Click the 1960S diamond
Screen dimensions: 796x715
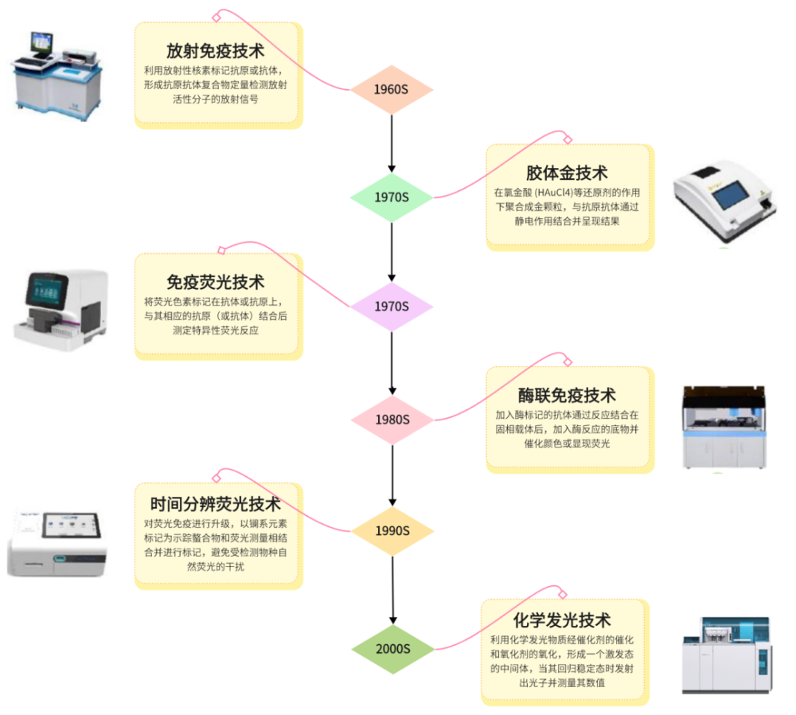[x=392, y=89]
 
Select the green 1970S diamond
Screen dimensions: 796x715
[x=392, y=197]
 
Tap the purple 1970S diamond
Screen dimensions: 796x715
[x=392, y=307]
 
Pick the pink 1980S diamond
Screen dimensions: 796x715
[x=392, y=420]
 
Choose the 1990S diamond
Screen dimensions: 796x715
[x=392, y=531]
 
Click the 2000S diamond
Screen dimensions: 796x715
[x=393, y=649]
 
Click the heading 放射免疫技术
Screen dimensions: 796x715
[x=215, y=51]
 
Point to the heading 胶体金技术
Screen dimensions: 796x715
[x=567, y=173]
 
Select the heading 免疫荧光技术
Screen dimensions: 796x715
[x=215, y=282]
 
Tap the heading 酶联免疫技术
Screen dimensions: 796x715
[x=567, y=395]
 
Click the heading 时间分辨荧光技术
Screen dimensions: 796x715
[x=215, y=504]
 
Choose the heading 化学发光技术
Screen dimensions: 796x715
[x=561, y=620]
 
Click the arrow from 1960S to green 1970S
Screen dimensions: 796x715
[x=392, y=143]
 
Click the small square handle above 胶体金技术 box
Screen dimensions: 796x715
[x=568, y=139]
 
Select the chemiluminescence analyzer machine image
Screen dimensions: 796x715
[x=727, y=655]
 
